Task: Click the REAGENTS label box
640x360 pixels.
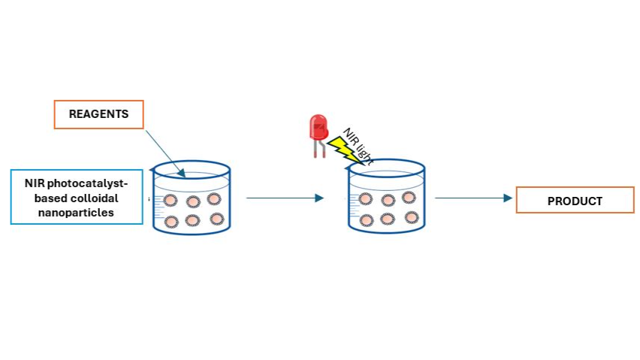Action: [98, 114]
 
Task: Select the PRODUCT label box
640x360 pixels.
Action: [575, 201]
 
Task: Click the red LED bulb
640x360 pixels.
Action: [318, 129]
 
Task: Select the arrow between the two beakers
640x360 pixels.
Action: [285, 198]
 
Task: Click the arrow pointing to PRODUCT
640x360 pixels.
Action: [472, 198]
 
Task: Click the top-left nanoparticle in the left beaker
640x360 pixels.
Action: [171, 201]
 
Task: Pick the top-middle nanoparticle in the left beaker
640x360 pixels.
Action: [193, 201]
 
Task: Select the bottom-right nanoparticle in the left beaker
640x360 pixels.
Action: [217, 219]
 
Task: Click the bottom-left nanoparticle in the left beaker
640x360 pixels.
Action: [171, 222]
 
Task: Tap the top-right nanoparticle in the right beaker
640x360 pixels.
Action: [409, 198]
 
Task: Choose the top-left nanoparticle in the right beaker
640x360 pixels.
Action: [366, 199]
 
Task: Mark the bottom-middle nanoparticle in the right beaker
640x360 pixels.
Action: [388, 219]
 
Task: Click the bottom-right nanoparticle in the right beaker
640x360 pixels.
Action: [411, 217]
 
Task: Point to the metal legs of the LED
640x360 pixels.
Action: [318, 150]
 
